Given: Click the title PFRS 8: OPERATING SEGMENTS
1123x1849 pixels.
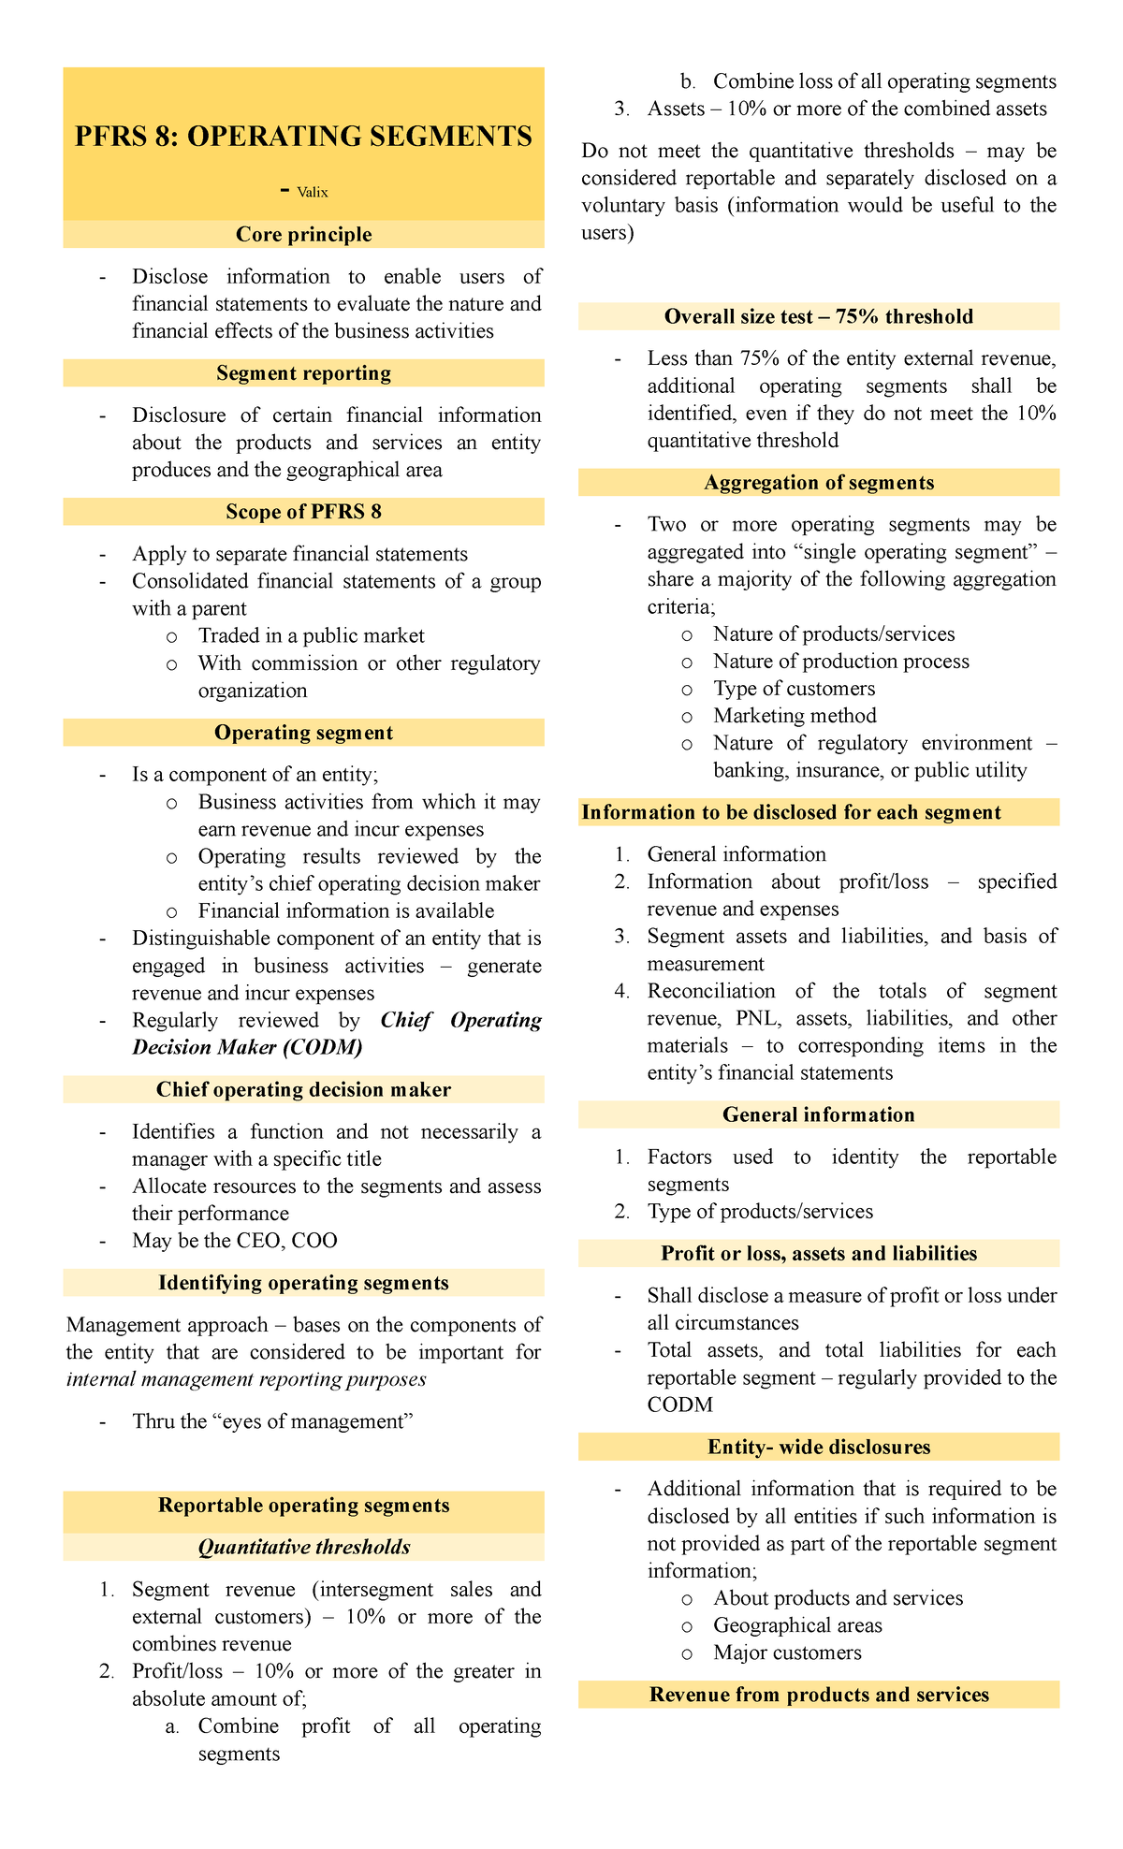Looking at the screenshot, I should pos(303,137).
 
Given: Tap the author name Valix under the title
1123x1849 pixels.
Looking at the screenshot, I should pos(313,193).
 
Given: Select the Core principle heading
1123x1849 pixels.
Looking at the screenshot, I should pos(303,235).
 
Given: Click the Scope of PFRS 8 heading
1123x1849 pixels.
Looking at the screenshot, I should pos(303,512).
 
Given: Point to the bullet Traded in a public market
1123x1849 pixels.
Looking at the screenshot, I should pos(311,636).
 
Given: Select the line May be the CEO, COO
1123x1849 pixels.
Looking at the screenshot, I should pos(234,1241).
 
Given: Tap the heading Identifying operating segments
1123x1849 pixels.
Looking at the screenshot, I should pos(303,1283).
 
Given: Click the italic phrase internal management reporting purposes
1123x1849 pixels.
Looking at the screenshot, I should pos(246,1379).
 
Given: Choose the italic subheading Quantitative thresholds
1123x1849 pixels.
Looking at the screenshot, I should pos(303,1548).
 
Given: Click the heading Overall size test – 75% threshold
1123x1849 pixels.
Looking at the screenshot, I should pos(818,317).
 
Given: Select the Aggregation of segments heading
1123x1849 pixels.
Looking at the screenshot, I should pos(818,483).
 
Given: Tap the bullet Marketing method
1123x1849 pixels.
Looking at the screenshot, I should pos(795,716).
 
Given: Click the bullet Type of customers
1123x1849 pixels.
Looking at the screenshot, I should pos(794,689).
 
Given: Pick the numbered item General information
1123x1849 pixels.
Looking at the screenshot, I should pos(737,854).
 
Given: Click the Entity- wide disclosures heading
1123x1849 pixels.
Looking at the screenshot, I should pos(818,1448).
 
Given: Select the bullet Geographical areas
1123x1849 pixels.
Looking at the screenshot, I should pos(797,1625).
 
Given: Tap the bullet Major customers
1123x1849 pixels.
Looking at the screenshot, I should pos(787,1652).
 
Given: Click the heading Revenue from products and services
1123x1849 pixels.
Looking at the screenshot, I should pos(818,1695).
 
